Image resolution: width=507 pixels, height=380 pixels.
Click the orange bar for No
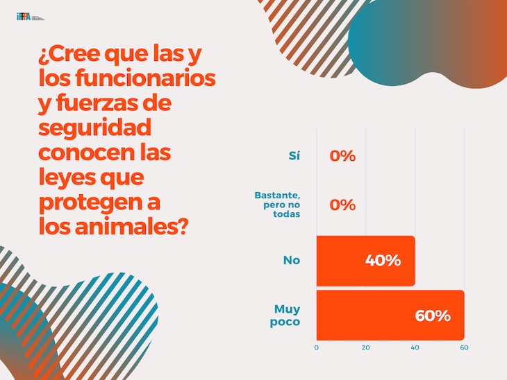[x=365, y=261]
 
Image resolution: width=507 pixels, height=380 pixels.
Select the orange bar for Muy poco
[x=390, y=315]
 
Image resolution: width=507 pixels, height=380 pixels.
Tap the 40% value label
[x=383, y=261]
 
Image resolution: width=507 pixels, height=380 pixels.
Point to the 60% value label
[x=433, y=316]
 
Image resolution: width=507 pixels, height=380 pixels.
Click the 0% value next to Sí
[x=342, y=156]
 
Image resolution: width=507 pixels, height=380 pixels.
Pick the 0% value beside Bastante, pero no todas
[x=342, y=205]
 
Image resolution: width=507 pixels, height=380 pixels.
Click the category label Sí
[x=294, y=156]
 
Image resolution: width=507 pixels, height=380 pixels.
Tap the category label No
[x=291, y=261]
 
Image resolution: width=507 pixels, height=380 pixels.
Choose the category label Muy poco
[x=287, y=315]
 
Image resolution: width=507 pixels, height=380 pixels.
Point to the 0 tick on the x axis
[x=317, y=347]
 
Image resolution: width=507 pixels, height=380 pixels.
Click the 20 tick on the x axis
[x=366, y=347]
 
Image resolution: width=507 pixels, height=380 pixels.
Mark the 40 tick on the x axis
[x=415, y=347]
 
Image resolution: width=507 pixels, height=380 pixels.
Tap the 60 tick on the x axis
[x=464, y=347]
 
